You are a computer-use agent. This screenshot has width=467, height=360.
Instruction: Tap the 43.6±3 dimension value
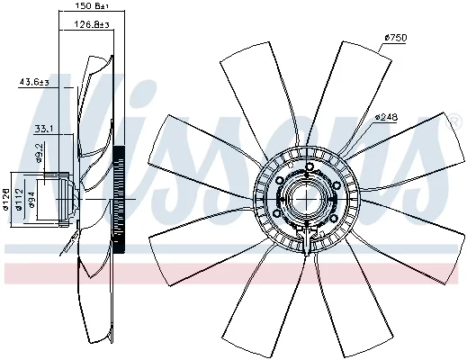pos(34,82)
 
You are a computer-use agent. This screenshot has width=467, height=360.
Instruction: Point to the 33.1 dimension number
pos(44,129)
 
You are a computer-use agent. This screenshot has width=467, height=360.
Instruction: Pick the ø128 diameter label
pos(5,199)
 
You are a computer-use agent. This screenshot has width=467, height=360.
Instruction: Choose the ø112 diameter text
pos(19,199)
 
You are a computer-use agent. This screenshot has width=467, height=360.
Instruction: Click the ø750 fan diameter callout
pos(396,38)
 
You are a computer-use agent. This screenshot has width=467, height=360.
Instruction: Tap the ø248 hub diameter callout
pos(386,117)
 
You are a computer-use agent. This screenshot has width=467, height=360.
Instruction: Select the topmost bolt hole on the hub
pos(310,166)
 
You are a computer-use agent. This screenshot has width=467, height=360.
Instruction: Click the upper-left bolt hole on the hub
pos(280,180)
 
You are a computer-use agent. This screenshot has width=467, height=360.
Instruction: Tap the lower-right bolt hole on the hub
pos(336,218)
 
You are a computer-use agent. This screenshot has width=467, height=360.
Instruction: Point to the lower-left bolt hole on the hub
pos(277,213)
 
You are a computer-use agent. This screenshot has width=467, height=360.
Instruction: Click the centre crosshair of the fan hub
pos(307,199)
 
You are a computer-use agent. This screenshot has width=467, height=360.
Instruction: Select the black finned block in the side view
pos(119,199)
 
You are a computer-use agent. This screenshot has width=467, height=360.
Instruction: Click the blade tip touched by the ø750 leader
pos(379,53)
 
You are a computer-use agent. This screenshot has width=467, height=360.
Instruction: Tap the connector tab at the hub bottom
pos(307,240)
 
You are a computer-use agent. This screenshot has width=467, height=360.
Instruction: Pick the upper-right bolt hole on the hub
pos(336,184)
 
